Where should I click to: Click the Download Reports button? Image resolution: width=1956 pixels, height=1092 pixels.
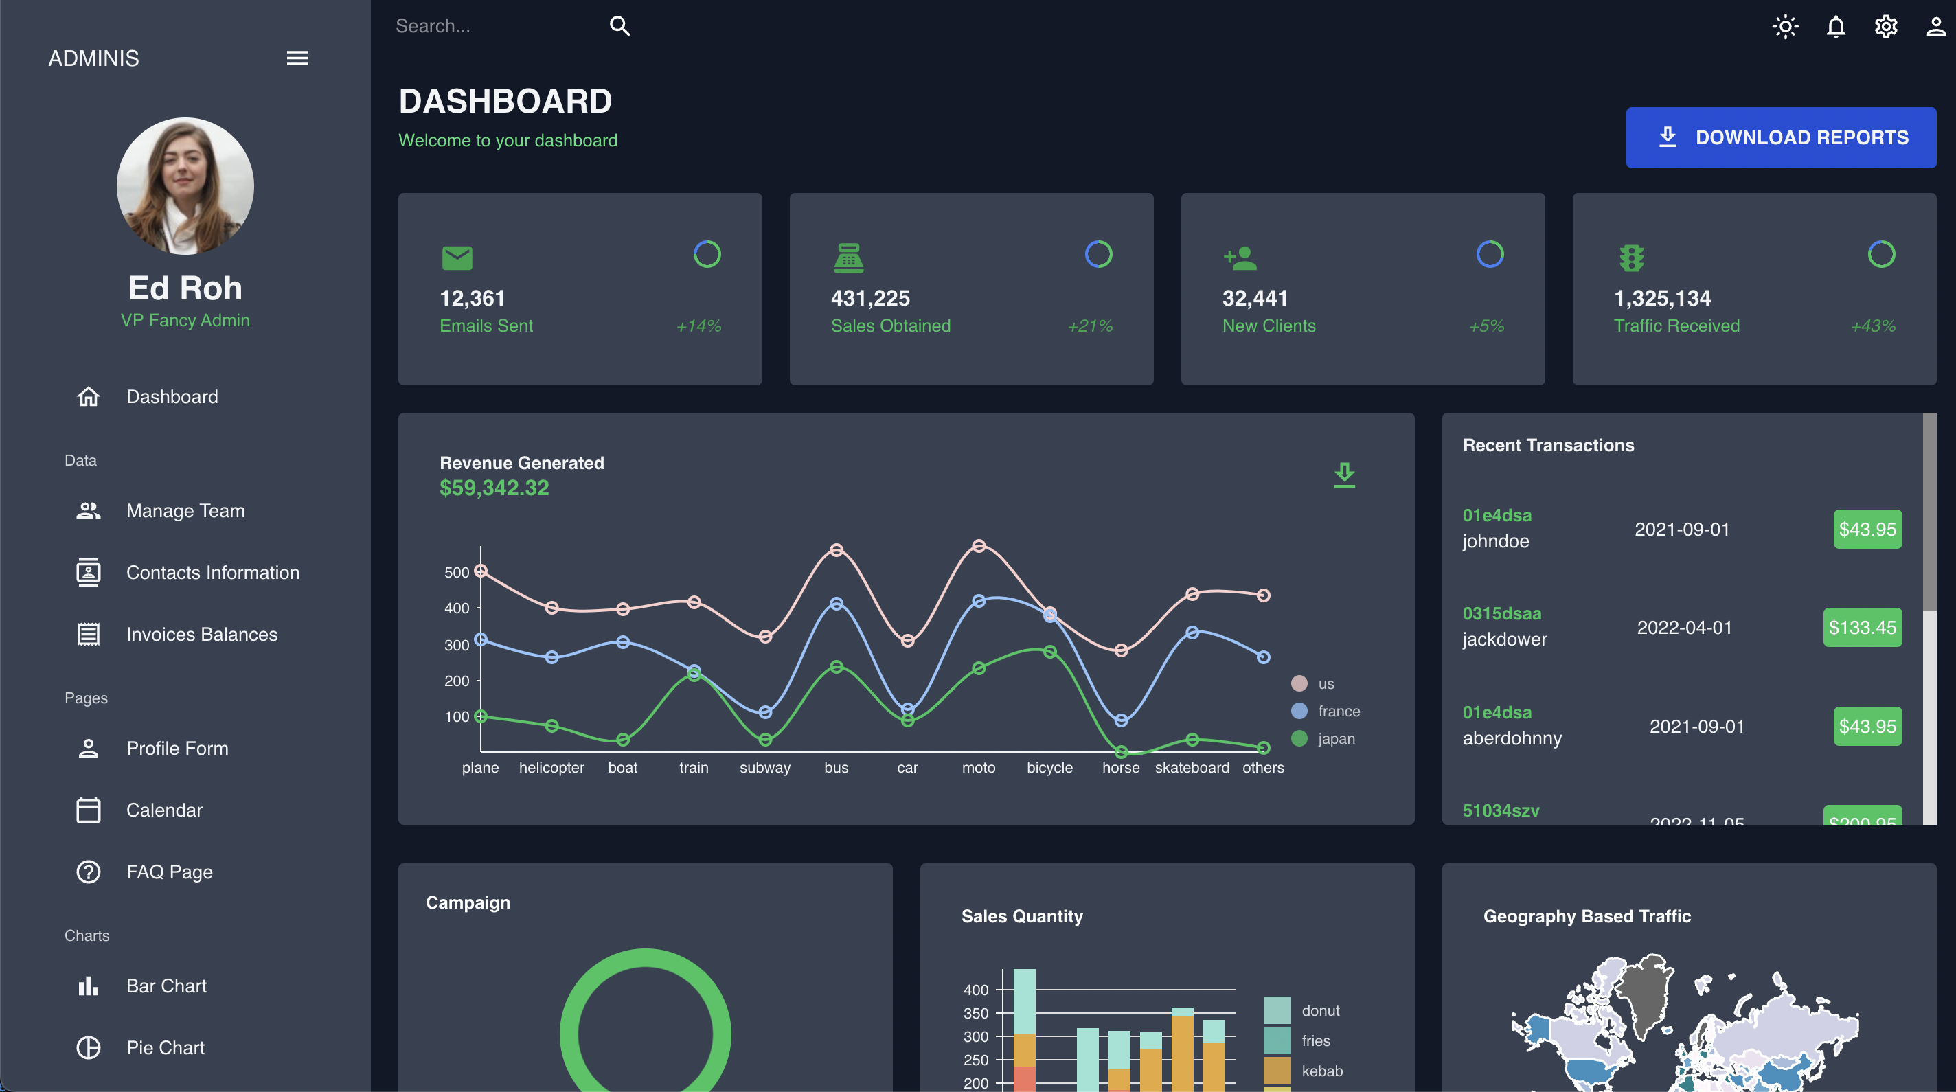pyautogui.click(x=1780, y=137)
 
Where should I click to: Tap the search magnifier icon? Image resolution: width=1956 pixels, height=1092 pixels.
pyautogui.click(x=619, y=27)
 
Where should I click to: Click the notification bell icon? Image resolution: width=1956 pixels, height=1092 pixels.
pyautogui.click(x=1835, y=27)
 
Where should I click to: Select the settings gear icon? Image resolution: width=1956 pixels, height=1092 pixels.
pyautogui.click(x=1885, y=27)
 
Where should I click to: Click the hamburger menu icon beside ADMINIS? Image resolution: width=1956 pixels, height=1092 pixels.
pyautogui.click(x=297, y=58)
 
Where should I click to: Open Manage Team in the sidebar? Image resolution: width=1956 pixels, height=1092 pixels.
pyautogui.click(x=185, y=510)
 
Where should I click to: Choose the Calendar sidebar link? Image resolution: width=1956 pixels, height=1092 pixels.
pyautogui.click(x=164, y=810)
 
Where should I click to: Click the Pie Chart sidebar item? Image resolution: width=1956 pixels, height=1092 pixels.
pyautogui.click(x=165, y=1047)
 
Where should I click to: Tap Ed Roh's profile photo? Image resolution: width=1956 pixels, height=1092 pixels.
pyautogui.click(x=185, y=186)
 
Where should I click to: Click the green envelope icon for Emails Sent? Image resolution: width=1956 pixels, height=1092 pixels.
pyautogui.click(x=457, y=258)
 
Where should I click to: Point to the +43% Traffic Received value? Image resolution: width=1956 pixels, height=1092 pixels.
pyautogui.click(x=1872, y=326)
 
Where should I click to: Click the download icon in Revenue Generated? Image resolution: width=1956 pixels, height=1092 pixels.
pyautogui.click(x=1344, y=475)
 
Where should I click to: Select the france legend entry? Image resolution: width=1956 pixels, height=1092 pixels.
pyautogui.click(x=1338, y=711)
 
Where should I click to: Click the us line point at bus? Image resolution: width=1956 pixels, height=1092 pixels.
pyautogui.click(x=836, y=550)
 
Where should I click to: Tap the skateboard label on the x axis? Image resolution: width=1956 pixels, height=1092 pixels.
pyautogui.click(x=1192, y=767)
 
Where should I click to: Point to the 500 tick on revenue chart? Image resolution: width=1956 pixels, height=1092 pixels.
pyautogui.click(x=456, y=572)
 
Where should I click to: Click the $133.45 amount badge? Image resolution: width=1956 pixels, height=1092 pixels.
pyautogui.click(x=1862, y=627)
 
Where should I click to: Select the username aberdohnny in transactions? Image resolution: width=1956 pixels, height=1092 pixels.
pyautogui.click(x=1512, y=738)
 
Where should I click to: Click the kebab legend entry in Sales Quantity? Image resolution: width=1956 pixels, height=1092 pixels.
pyautogui.click(x=1321, y=1071)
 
